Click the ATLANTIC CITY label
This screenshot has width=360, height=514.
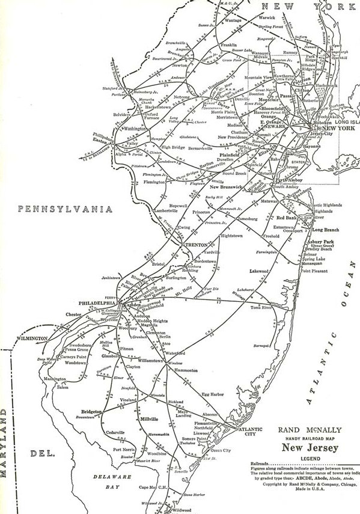tap(250, 432)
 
